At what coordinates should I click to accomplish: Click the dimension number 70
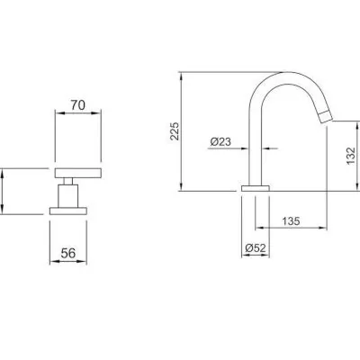[78, 105]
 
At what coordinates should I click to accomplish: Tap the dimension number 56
[68, 253]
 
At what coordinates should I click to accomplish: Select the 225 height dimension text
[175, 131]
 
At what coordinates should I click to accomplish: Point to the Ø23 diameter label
[220, 141]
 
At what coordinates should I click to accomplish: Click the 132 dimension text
[351, 156]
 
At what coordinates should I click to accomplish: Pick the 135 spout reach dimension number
[291, 221]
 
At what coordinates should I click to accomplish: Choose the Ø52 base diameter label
[256, 248]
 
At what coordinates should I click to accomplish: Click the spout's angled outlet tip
[324, 117]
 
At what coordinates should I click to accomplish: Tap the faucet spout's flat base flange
[256, 188]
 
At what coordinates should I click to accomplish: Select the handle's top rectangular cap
[78, 174]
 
